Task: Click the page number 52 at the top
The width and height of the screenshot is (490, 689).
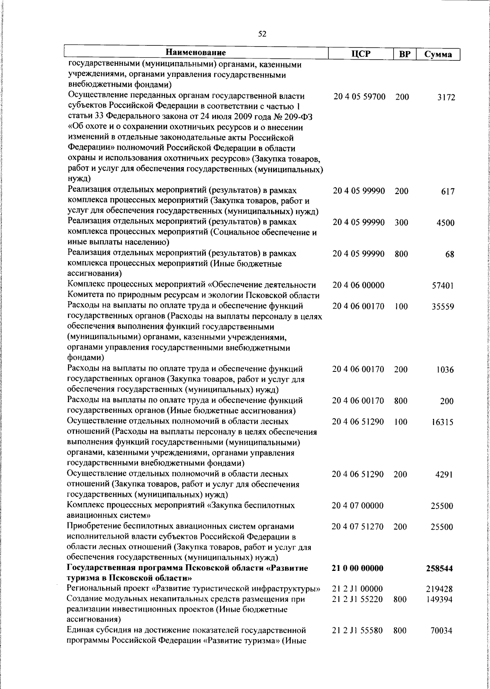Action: (x=262, y=34)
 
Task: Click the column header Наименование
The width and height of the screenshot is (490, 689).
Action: (x=196, y=53)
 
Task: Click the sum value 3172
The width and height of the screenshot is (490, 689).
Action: (x=446, y=98)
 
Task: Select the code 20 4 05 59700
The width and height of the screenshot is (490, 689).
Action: (x=359, y=97)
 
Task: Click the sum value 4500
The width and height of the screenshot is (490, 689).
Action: (x=445, y=223)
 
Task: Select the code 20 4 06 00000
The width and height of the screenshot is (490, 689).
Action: (x=358, y=285)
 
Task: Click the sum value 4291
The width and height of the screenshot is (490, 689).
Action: (x=445, y=475)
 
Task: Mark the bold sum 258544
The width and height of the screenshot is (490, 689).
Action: (x=442, y=569)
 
